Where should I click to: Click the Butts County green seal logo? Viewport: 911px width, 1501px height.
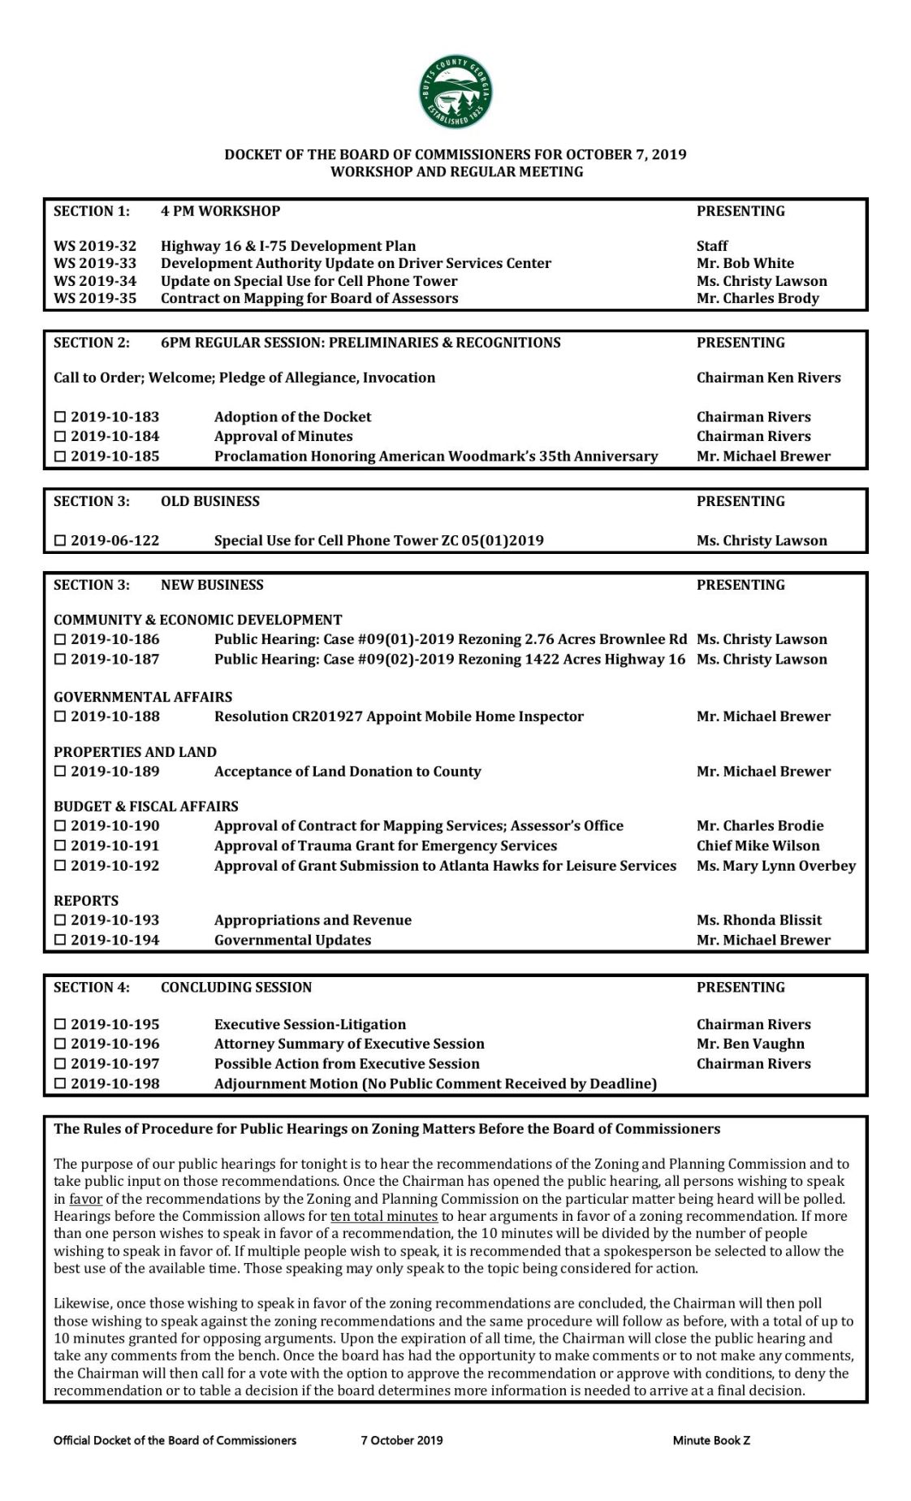pyautogui.click(x=455, y=92)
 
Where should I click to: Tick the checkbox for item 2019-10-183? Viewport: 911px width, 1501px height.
pyautogui.click(x=59, y=417)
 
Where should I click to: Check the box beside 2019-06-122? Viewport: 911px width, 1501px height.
pyautogui.click(x=59, y=541)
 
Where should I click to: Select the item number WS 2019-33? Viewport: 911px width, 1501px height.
pyautogui.click(x=95, y=263)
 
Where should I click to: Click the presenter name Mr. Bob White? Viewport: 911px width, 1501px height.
pyautogui.click(x=745, y=263)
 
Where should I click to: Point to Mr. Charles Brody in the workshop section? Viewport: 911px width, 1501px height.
pyautogui.click(x=757, y=298)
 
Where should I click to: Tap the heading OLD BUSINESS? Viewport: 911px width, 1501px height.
pyautogui.click(x=209, y=501)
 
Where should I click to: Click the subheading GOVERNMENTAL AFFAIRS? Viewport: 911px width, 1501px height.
pyautogui.click(x=143, y=697)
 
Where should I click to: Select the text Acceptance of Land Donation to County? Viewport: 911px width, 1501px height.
pyautogui.click(x=348, y=772)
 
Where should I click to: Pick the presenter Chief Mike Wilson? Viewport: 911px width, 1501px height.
pyautogui.click(x=758, y=846)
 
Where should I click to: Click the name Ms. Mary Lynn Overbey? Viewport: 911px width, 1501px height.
pyautogui.click(x=775, y=866)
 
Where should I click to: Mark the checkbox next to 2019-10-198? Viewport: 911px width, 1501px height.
pyautogui.click(x=59, y=1084)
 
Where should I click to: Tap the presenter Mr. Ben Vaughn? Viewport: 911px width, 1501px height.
pyautogui.click(x=750, y=1044)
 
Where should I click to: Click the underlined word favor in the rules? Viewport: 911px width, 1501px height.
pyautogui.click(x=85, y=1199)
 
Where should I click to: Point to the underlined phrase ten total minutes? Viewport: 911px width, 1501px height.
pyautogui.click(x=383, y=1217)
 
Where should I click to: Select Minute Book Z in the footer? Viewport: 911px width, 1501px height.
pyautogui.click(x=711, y=1440)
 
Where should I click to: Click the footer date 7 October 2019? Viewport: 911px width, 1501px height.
pyautogui.click(x=402, y=1440)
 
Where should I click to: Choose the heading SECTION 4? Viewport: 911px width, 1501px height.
pyautogui.click(x=91, y=987)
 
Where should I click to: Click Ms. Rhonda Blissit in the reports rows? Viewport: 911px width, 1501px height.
pyautogui.click(x=758, y=920)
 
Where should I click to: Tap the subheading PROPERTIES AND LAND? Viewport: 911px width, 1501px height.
pyautogui.click(x=135, y=752)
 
